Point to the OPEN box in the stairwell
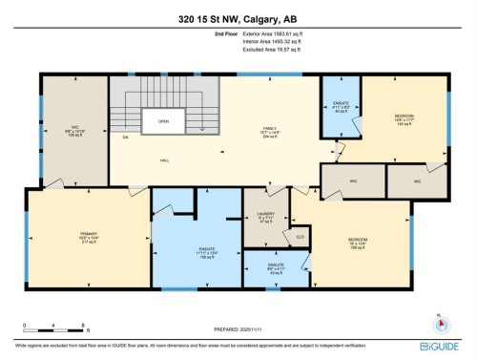click(163, 122)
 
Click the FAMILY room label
click(270, 131)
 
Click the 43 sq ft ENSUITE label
click(277, 268)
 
